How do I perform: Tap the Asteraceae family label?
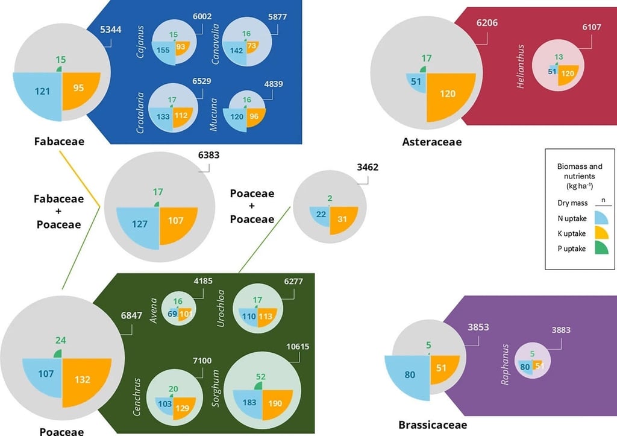tap(431, 142)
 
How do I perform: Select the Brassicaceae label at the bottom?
tap(432, 425)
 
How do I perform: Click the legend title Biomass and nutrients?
tap(578, 171)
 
